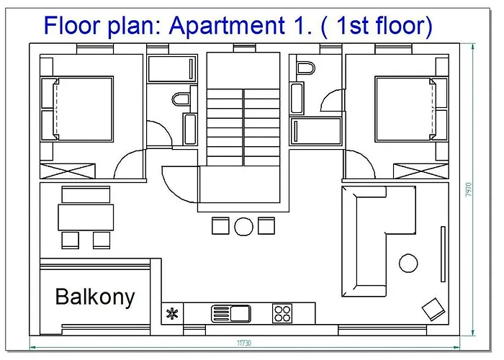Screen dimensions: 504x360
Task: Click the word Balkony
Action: tap(95, 297)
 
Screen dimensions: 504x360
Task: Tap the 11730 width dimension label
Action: tap(244, 343)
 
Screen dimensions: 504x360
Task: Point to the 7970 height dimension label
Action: tap(469, 190)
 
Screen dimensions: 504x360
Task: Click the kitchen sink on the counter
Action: tap(231, 313)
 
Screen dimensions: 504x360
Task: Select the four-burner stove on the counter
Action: tap(282, 313)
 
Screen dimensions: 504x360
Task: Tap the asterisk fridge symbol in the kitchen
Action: tap(172, 313)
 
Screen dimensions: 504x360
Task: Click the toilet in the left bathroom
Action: tap(181, 99)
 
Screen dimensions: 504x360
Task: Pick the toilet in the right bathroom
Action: tap(306, 68)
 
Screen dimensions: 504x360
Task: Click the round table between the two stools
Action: tap(243, 227)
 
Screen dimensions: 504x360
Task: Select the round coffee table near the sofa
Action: tap(408, 264)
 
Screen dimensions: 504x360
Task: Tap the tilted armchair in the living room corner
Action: tap(433, 309)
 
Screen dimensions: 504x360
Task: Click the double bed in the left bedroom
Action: tap(84, 109)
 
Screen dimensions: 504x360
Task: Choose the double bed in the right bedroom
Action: tap(405, 109)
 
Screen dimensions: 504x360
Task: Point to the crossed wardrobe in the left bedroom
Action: tap(68, 171)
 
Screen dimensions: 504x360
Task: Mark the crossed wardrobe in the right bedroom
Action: tap(421, 171)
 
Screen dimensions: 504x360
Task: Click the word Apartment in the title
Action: tap(227, 26)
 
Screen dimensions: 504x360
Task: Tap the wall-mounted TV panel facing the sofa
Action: tap(443, 254)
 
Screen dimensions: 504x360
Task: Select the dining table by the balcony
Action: tap(86, 217)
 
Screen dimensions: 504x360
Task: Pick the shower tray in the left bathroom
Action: tap(172, 69)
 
